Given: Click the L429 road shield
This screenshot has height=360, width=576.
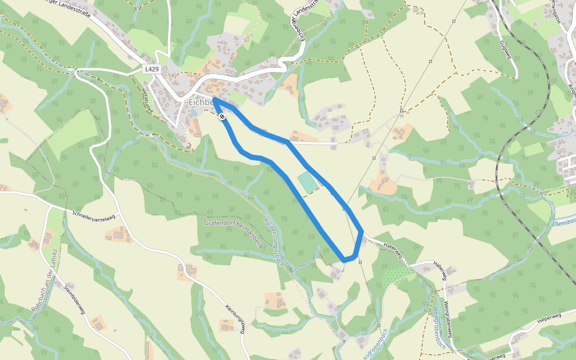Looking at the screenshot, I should point(152,70).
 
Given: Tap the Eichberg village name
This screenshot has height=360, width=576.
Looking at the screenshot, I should point(202,103).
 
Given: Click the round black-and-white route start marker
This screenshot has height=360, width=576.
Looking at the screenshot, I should point(222,116).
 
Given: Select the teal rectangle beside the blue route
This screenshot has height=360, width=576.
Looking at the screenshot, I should point(307,182).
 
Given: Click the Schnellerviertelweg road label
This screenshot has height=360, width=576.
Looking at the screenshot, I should point(92,217).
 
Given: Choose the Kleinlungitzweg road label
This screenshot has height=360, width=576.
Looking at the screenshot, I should point(236,318).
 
